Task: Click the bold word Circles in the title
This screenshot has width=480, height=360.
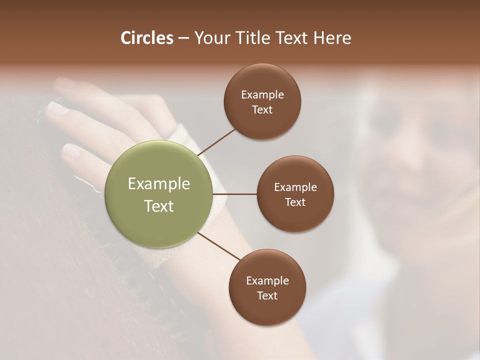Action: pos(147,38)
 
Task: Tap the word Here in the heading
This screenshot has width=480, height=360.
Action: pos(332,38)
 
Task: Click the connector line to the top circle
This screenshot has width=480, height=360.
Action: pos(217,142)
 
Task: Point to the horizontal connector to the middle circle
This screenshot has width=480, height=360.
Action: pos(235,194)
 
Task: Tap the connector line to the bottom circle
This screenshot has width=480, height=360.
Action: pos(219,247)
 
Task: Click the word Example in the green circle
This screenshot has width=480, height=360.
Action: pos(159,184)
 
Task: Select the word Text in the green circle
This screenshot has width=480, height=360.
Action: pos(159,206)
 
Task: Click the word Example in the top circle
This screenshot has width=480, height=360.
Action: pos(262,95)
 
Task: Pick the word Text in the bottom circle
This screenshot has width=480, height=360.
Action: pos(267,296)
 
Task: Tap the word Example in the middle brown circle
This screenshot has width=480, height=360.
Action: pos(295,187)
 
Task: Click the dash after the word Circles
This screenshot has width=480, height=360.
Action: pos(183,38)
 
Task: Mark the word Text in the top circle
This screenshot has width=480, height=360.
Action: pos(262,110)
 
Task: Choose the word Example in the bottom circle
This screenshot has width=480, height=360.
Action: pos(267,281)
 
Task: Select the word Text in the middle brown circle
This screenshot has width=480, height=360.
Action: pos(295,202)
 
